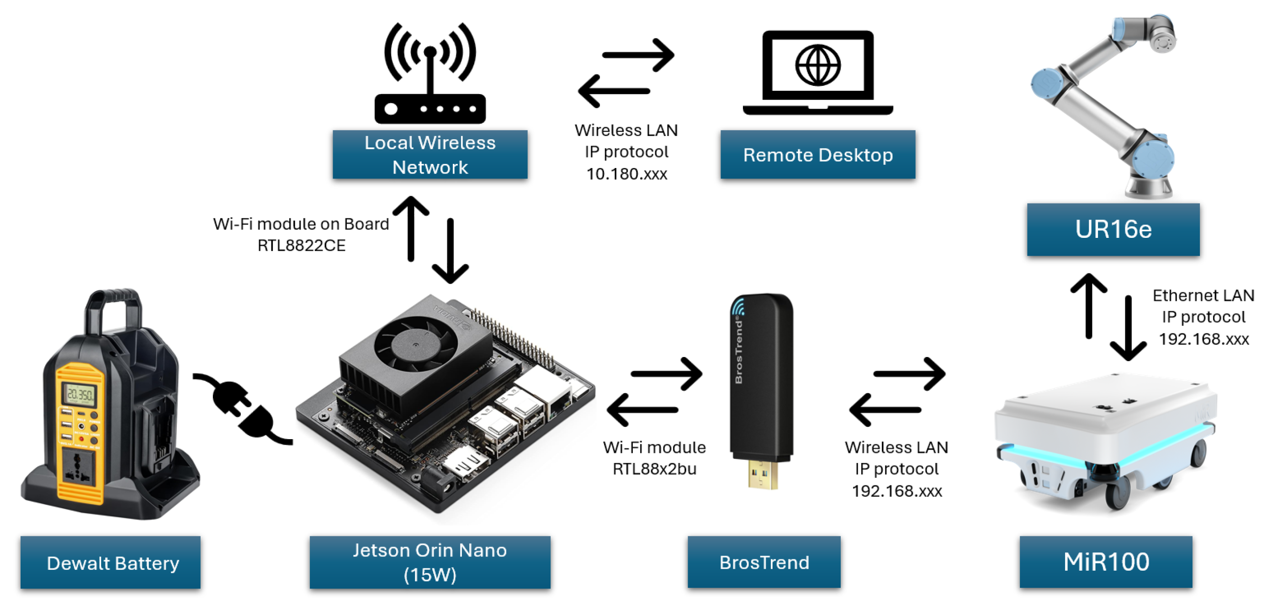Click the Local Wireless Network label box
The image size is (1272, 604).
coord(429,154)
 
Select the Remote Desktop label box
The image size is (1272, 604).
coord(817,154)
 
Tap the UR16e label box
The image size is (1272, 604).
coord(1113,230)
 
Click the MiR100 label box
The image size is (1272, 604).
coord(1106,562)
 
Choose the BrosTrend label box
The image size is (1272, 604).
coord(763,562)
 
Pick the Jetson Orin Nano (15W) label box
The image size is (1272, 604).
coord(429,562)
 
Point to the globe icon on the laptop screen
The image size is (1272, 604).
coord(817,65)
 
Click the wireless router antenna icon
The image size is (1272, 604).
coord(429,74)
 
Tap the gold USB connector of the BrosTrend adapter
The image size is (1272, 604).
coord(763,474)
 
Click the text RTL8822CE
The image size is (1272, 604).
coord(301,245)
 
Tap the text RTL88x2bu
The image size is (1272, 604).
coord(654,469)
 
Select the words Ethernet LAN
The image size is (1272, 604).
coord(1203,295)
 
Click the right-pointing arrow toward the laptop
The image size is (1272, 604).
coord(638,55)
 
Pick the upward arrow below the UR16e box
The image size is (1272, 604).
coord(1088,306)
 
